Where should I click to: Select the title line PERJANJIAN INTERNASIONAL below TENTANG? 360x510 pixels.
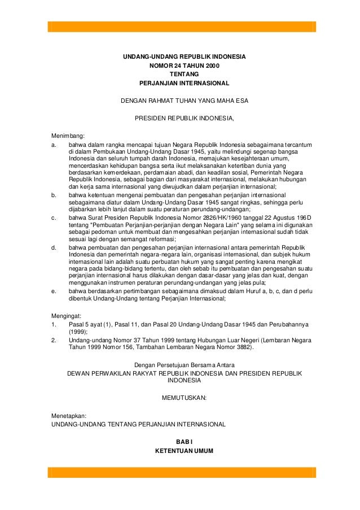click(184, 83)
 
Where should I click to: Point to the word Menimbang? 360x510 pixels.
click(67, 136)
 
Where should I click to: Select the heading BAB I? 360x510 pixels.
click(184, 441)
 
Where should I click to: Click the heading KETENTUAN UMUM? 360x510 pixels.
click(184, 451)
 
